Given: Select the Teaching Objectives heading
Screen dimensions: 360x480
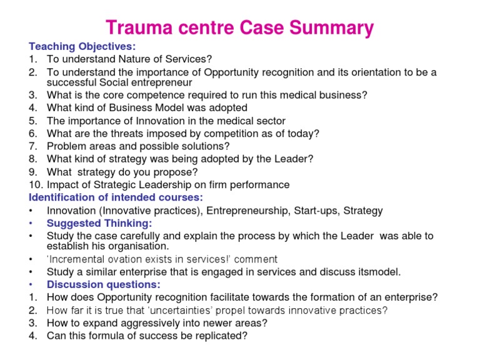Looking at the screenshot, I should pyautogui.click(x=82, y=47).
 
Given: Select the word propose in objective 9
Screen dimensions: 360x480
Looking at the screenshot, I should pyautogui.click(x=176, y=172).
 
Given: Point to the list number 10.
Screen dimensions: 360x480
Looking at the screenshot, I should pyautogui.click(x=35, y=184).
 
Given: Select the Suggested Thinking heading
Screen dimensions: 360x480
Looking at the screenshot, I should pyautogui.click(x=99, y=223).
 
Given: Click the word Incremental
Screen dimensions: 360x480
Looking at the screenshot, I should pyautogui.click(x=80, y=259).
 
